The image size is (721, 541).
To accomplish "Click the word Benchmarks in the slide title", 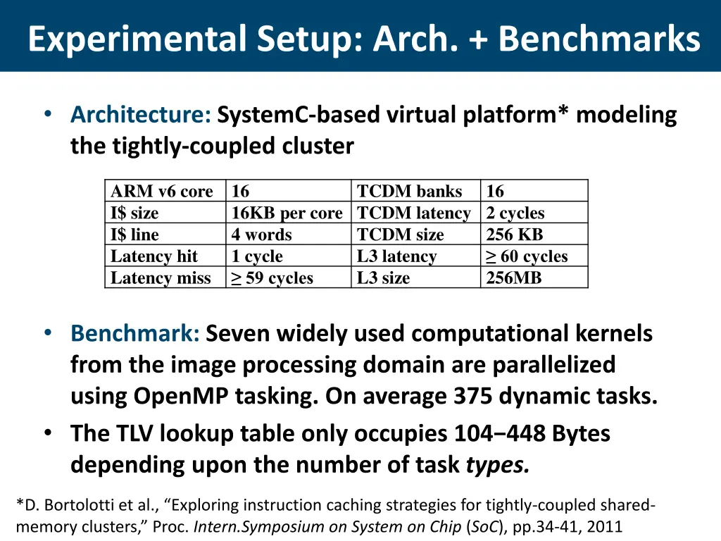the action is click(599, 39).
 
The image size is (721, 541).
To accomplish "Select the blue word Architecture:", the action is click(141, 114).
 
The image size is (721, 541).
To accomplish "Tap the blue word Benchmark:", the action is click(135, 333).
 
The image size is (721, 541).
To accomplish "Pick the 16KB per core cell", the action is click(287, 213).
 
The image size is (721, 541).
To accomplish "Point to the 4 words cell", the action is click(261, 235).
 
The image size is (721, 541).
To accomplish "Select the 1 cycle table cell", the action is click(257, 256).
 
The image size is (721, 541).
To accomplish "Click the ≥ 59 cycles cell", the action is click(272, 278).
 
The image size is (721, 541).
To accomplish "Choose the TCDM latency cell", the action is click(413, 213).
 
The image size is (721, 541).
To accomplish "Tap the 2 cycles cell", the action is click(515, 213).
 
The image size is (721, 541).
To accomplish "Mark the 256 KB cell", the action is click(515, 235).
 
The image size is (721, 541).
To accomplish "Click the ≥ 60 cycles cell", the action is click(527, 256).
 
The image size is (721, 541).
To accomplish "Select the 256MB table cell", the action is click(514, 278).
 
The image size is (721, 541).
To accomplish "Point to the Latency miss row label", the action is click(161, 278).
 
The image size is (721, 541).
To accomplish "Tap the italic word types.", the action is click(498, 466).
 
